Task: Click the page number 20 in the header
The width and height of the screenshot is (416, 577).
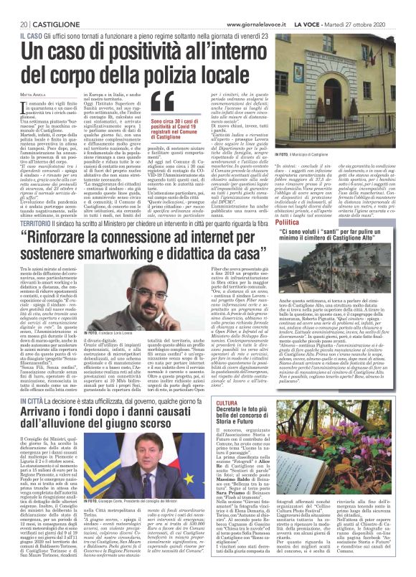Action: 14,6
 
